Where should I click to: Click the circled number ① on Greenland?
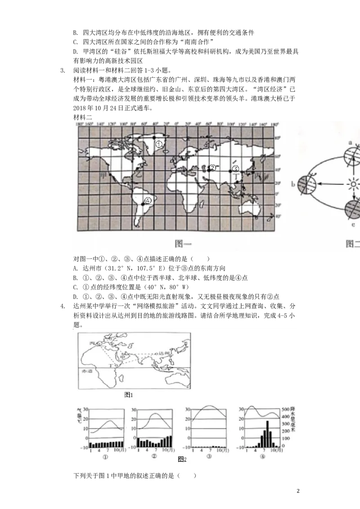pyautogui.click(x=159, y=144)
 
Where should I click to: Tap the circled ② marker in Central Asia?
pyautogui.click(x=212, y=168)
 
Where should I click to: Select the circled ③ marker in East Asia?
pyautogui.click(x=235, y=169)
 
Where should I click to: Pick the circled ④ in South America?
pyautogui.click(x=148, y=201)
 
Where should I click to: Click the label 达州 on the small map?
pyautogui.click(x=165, y=354)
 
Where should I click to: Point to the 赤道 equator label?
pyautogui.click(x=85, y=372)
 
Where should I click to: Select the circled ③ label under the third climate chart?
pyautogui.click(x=208, y=456)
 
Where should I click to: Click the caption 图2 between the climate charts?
pyautogui.click(x=182, y=459)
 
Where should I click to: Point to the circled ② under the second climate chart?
pyautogui.click(x=154, y=456)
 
